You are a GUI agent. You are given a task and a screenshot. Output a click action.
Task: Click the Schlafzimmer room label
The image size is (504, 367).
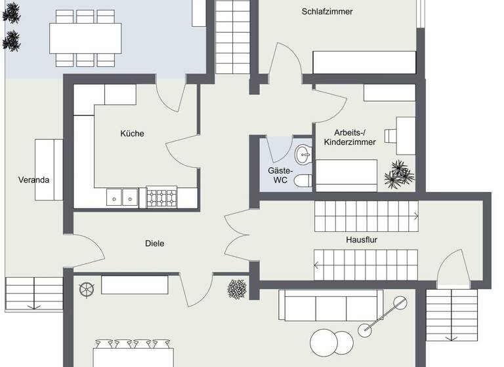pos(327,11)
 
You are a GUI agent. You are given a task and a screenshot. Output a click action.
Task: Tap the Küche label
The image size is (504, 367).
pos(132,134)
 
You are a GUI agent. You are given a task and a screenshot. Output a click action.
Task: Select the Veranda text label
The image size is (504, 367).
pos(33,180)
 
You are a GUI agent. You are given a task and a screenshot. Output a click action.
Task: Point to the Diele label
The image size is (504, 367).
pos(154,244)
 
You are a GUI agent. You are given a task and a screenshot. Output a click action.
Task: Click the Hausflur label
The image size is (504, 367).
pos(362,240)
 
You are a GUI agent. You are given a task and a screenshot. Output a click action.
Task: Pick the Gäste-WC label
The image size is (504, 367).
pos(280,175)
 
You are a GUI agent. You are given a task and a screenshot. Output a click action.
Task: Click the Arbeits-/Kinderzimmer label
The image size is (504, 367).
pos(354,137)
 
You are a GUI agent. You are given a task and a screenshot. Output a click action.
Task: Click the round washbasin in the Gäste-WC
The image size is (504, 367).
pos(304,155)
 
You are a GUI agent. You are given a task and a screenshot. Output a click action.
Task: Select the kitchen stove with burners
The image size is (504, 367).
pos(161,197)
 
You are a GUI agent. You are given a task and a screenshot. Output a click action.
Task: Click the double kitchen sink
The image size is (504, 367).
pos(123,197)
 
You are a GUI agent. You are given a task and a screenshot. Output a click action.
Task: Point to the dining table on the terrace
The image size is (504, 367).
pos(86,38)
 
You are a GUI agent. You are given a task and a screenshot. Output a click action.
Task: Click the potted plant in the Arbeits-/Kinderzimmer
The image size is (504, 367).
pos(398,174)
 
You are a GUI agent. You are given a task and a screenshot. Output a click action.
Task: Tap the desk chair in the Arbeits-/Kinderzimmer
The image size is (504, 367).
pos(391,135)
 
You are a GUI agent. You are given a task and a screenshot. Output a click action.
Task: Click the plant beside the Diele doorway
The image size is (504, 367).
pos(237,288)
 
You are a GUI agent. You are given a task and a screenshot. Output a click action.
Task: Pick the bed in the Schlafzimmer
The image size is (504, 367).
pos(364,62)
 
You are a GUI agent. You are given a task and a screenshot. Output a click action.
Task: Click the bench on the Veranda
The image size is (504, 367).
pos(49,169)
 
